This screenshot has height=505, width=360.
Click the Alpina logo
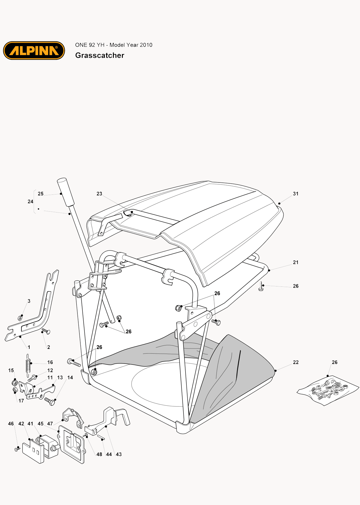pos(34,50)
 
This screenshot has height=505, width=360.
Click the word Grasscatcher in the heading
pos(100,55)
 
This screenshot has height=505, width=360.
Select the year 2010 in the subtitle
pos(146,45)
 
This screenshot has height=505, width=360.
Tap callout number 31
pos(296,194)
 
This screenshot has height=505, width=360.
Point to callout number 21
pos(296,262)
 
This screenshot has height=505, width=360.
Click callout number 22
pos(296,362)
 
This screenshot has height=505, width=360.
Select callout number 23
pos(99,194)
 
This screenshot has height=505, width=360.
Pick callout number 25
pos(41,194)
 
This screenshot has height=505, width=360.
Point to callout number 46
pos(11,424)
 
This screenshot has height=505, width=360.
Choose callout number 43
pos(119,454)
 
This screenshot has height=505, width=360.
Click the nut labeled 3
pos(20,318)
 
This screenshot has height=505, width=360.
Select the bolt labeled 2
pos(46,331)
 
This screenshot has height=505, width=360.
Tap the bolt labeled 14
pos(50,401)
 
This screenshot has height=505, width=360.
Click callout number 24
pos(30,201)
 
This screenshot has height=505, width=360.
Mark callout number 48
pos(99,454)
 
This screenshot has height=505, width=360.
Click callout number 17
pos(21,401)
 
